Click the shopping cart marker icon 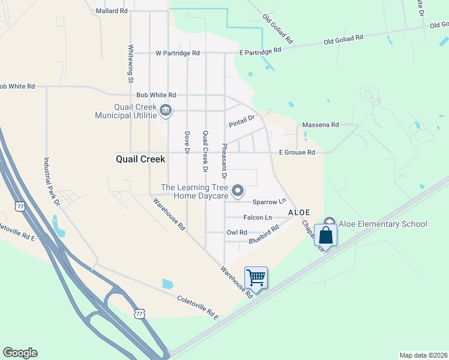coord(256,278)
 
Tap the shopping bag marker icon coord(325,234)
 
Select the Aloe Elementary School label coord(383,224)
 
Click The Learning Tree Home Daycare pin coord(238,191)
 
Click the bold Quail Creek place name coord(140,160)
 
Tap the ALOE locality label coord(299,213)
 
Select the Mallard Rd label coord(112,11)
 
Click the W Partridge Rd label coord(177,53)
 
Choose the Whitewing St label coord(130,63)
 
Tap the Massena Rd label coord(321,125)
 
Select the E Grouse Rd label coord(297,152)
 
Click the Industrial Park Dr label coord(51,182)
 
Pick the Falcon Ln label coord(258,217)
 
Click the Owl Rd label coord(237,232)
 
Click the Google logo coord(20,353)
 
